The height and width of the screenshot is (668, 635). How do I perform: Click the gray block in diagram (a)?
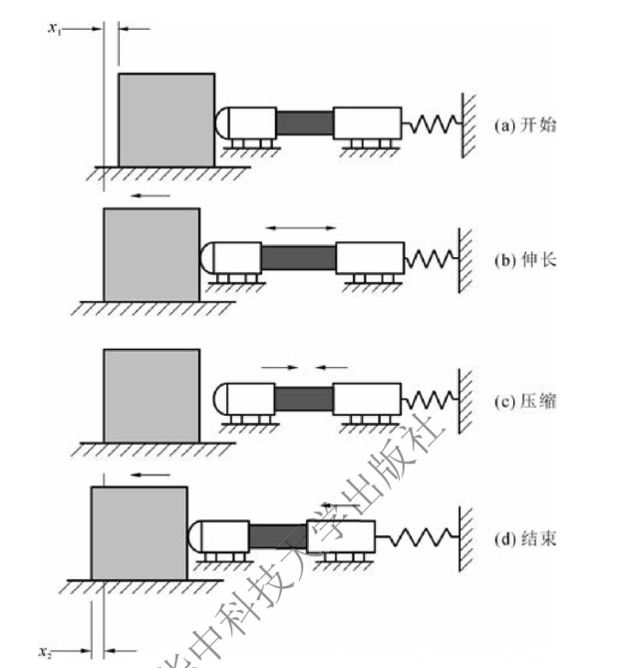165,119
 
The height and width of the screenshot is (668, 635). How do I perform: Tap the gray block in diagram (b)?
151,254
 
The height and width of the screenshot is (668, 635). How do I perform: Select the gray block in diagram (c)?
151,394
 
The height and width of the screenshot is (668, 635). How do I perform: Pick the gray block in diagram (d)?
139,532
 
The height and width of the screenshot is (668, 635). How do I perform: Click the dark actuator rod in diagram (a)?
304,123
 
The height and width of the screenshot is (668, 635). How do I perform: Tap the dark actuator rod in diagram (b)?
299,257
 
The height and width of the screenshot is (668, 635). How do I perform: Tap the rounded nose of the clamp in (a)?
222,124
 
